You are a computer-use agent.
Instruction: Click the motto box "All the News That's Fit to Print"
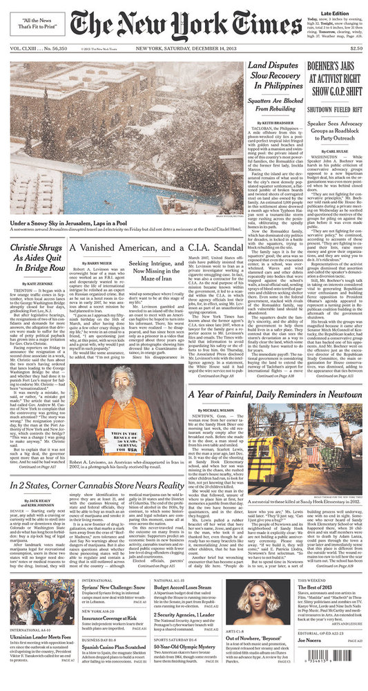[x=35, y=25]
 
